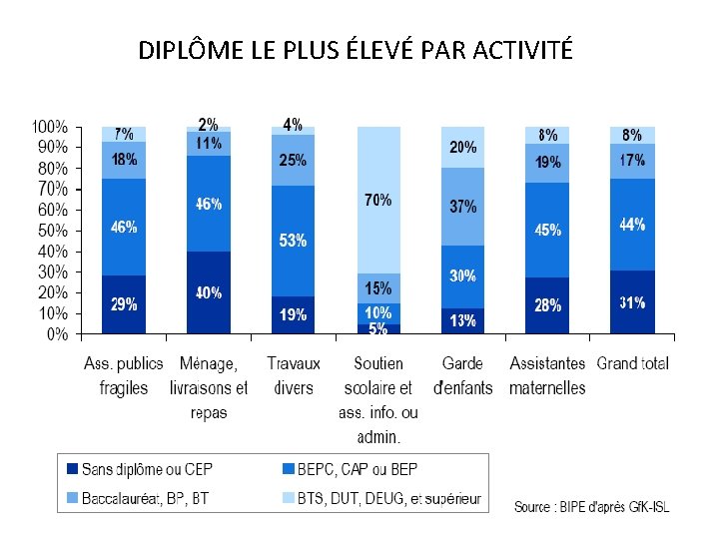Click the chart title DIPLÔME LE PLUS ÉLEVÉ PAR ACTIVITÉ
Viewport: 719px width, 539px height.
356,49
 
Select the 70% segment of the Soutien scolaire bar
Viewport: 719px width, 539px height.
378,200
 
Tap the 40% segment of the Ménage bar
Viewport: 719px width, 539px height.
209,292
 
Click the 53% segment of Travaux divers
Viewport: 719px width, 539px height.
294,241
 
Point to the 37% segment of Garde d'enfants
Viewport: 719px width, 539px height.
463,207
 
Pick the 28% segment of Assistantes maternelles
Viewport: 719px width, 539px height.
547,305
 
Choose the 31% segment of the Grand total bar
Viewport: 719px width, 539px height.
632,301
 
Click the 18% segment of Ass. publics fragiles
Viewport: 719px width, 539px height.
124,160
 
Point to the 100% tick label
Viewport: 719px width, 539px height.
49,128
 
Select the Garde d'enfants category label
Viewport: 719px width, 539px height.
463,375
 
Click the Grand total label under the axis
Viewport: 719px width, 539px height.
632,363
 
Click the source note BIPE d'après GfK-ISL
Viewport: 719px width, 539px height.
592,507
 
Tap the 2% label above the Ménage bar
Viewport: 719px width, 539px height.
209,125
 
